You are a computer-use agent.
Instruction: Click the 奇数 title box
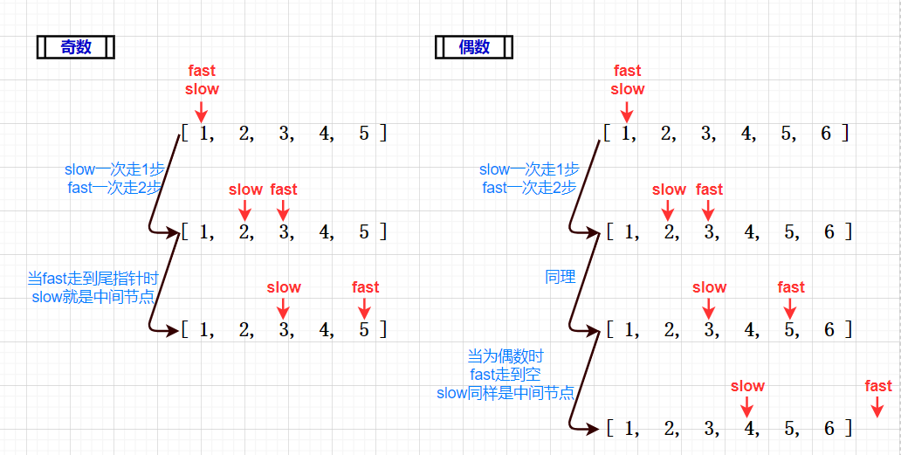(x=76, y=47)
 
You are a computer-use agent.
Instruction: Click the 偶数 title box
(x=474, y=47)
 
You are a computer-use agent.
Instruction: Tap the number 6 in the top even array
(x=826, y=134)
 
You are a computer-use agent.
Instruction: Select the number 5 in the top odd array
(x=364, y=134)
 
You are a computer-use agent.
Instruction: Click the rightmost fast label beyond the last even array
(x=877, y=386)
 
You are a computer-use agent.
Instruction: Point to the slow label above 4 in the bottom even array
(x=747, y=386)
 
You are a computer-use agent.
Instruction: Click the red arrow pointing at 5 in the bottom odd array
(x=365, y=307)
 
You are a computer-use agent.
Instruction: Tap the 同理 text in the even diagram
(x=561, y=277)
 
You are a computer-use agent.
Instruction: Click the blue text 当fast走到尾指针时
(x=93, y=279)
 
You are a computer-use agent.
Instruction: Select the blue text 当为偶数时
(x=505, y=356)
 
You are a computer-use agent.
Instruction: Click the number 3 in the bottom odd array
(x=283, y=330)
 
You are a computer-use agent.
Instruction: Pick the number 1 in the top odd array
(x=205, y=134)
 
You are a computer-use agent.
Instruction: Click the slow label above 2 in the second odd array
(x=245, y=190)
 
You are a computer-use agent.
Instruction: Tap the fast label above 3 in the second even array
(x=709, y=190)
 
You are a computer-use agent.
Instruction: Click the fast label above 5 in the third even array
(x=791, y=287)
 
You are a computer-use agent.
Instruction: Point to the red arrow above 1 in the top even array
(x=626, y=111)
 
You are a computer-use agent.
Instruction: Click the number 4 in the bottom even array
(x=747, y=428)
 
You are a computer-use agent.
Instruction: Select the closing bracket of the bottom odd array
(x=382, y=330)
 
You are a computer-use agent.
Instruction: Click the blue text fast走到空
(x=505, y=375)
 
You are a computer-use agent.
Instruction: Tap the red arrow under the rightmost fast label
(x=877, y=406)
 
